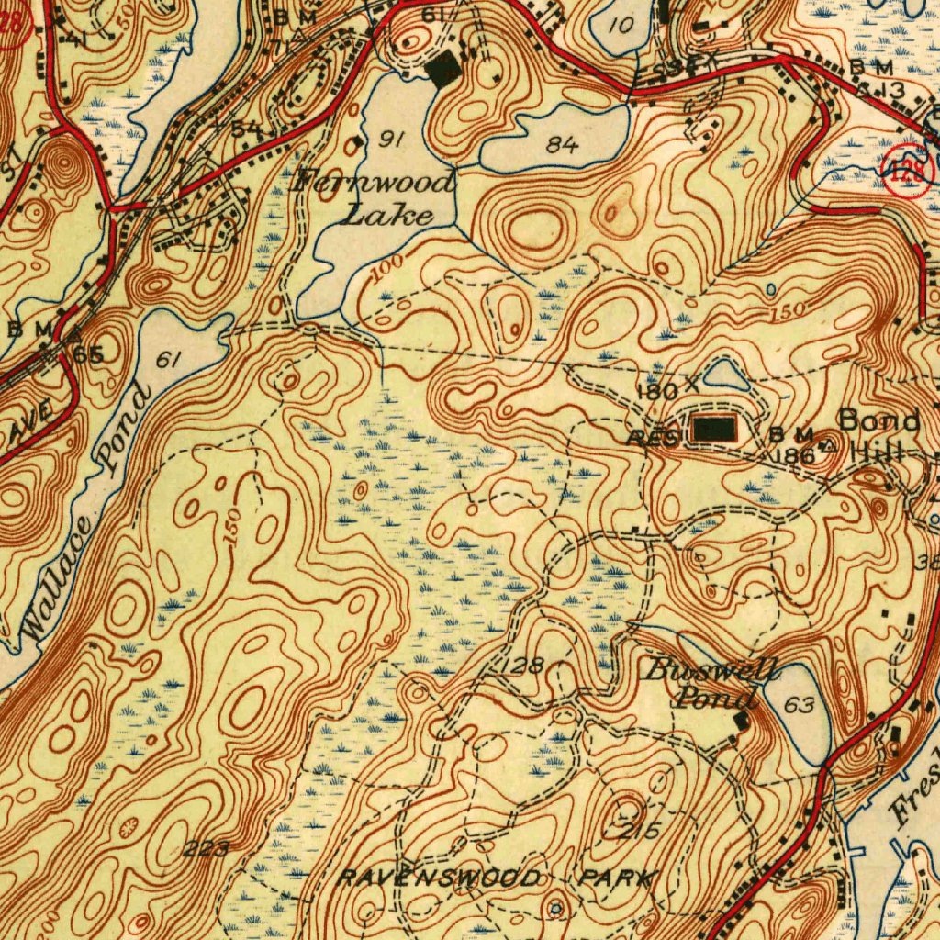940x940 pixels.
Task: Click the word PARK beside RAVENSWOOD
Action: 618,878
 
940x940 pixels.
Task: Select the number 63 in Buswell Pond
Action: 800,705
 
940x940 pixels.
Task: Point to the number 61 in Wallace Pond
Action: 165,361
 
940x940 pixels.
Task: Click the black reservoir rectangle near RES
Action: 713,429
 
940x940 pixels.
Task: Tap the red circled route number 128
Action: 911,171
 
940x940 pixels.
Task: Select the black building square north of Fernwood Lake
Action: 445,70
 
